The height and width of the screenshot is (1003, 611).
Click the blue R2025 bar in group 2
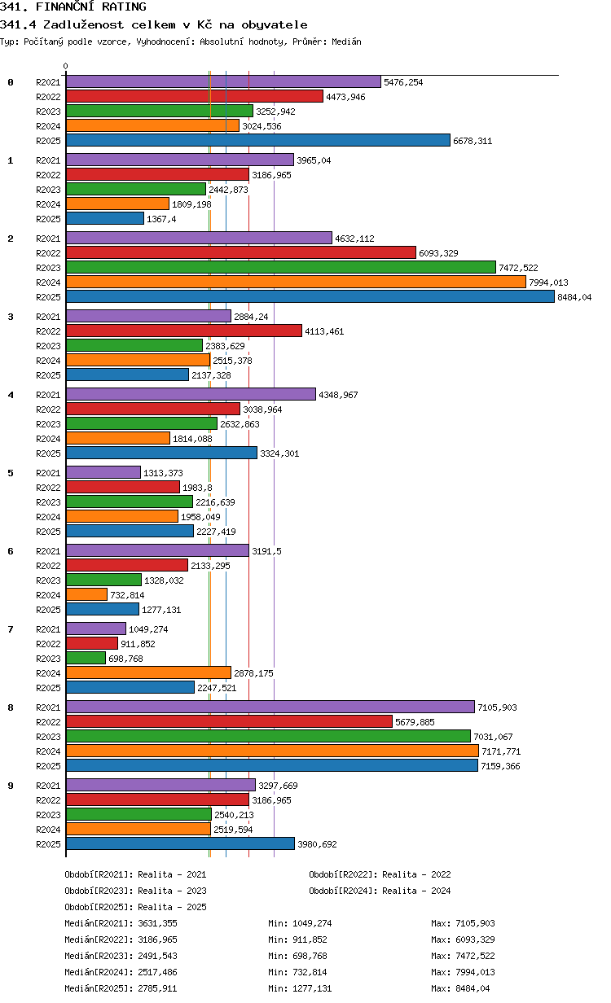coord(310,296)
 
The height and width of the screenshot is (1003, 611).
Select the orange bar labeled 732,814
coord(86,594)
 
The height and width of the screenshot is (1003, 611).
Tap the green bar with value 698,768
coord(86,658)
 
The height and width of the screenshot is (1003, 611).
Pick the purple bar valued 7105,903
coord(270,707)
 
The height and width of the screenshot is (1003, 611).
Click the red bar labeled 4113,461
coord(183,331)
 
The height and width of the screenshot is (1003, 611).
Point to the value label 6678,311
coord(473,141)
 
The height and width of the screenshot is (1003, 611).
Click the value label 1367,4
coord(161,219)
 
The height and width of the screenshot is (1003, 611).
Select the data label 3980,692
coord(317,844)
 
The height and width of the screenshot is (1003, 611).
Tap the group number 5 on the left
coord(11,473)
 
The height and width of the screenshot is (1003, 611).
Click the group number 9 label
coord(11,786)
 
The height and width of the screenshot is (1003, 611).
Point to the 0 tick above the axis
coord(66,66)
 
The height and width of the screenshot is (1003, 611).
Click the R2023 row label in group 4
coord(48,424)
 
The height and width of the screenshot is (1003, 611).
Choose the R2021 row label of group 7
coord(48,629)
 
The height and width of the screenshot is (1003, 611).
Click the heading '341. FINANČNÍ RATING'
coord(73,7)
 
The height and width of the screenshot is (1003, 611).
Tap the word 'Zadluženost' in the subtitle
coord(83,24)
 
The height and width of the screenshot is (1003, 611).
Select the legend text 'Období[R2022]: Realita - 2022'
coord(380,874)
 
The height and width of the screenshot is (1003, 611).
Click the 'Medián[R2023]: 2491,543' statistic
coord(121,956)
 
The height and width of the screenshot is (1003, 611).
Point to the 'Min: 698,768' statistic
coord(297,956)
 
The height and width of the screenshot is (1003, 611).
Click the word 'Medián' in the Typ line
coord(346,42)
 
